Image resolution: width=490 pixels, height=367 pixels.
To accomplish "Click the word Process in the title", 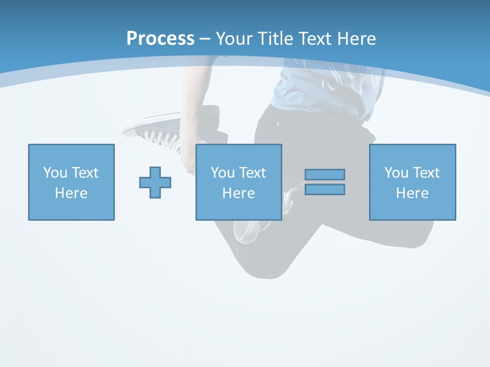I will coord(160,39).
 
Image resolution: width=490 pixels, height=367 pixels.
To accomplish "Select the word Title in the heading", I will coord(275,39).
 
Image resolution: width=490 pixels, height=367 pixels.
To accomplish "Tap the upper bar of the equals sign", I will coord(325,174).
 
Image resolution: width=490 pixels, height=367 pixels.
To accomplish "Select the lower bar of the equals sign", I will coord(325,190).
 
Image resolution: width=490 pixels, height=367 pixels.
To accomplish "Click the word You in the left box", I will coord(55,173).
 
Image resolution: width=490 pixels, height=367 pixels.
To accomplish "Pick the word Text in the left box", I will coord(85,173).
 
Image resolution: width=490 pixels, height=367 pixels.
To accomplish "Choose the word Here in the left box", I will coord(71,193).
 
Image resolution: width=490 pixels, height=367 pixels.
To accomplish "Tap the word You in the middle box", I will coord(223,173).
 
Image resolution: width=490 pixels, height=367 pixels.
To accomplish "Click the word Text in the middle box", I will coord(252,173).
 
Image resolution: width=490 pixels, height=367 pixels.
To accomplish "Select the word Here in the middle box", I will coord(238,193).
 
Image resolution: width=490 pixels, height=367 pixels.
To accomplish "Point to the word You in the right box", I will coord(396,173).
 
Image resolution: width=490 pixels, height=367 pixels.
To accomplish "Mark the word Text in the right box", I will coord(426,173).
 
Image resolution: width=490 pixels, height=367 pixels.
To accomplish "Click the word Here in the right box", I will coord(412,193).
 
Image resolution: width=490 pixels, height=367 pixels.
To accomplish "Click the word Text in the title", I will coord(313,39).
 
